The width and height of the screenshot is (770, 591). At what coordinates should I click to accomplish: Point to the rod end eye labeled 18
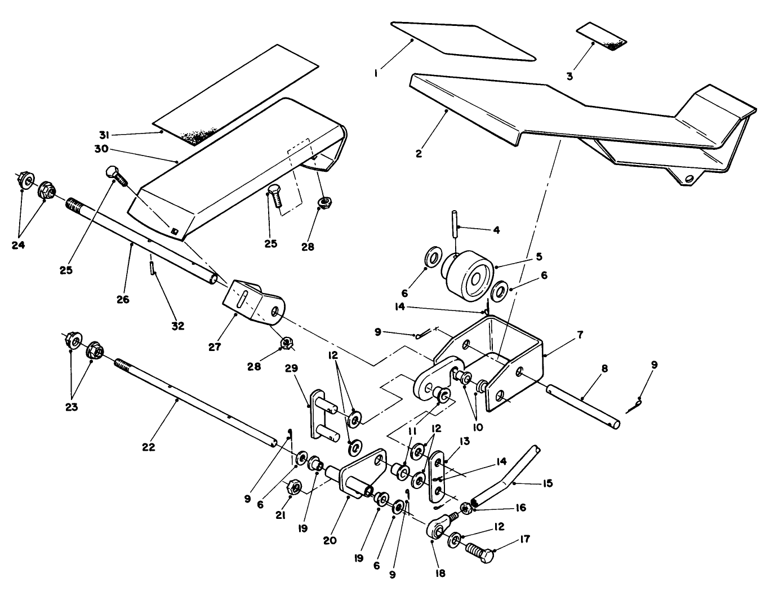point(438,530)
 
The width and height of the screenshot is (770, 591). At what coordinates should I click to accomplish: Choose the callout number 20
point(330,540)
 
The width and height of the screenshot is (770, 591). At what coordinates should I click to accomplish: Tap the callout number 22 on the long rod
point(148,447)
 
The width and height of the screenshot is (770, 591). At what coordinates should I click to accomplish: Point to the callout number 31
point(103,135)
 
